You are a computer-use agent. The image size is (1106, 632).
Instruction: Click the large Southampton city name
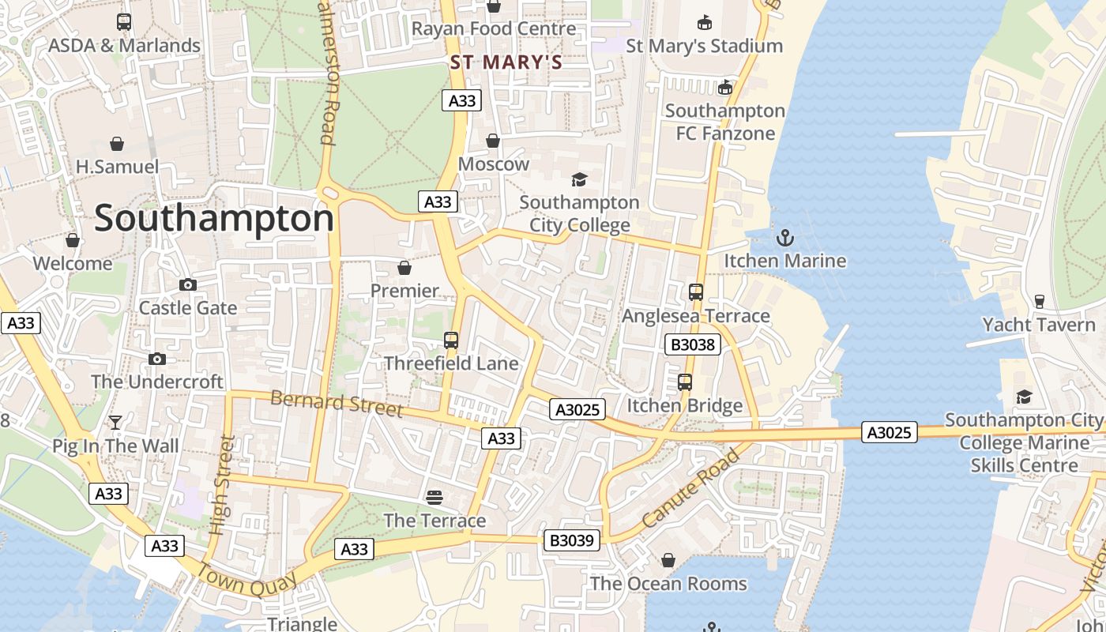click(214, 218)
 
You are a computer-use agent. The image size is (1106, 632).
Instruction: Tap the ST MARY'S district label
click(506, 62)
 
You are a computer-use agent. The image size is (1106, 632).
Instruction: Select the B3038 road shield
click(692, 344)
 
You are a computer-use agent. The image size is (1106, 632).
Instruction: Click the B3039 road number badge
click(572, 540)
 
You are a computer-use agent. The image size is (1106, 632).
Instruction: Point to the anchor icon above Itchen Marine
click(785, 237)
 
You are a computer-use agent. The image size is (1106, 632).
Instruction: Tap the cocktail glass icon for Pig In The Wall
click(115, 423)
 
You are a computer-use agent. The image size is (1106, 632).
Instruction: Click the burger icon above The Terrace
click(434, 497)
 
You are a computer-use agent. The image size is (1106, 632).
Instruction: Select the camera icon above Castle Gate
click(188, 284)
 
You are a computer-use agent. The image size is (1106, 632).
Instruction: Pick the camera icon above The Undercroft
click(157, 359)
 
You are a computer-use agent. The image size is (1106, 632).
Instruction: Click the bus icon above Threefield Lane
click(451, 340)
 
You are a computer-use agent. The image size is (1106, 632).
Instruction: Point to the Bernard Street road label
click(337, 402)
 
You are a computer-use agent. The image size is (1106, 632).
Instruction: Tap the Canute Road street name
click(690, 487)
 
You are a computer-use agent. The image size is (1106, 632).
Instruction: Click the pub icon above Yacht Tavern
click(1039, 301)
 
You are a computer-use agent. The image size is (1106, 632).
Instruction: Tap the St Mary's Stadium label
click(704, 46)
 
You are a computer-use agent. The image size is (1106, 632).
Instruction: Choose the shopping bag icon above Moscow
click(493, 141)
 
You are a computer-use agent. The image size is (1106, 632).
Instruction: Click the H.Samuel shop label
click(117, 167)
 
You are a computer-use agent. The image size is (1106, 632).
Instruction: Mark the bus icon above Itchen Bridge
click(685, 382)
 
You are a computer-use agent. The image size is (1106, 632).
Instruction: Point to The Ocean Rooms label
click(668, 584)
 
